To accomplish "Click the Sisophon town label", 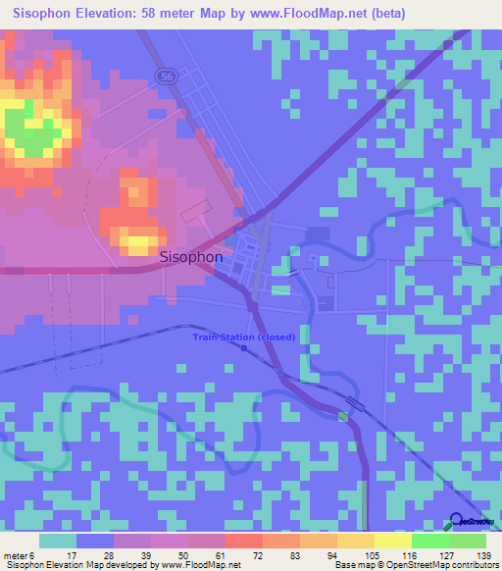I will coord(190,257).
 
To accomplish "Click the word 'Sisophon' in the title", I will coord(48,13).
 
